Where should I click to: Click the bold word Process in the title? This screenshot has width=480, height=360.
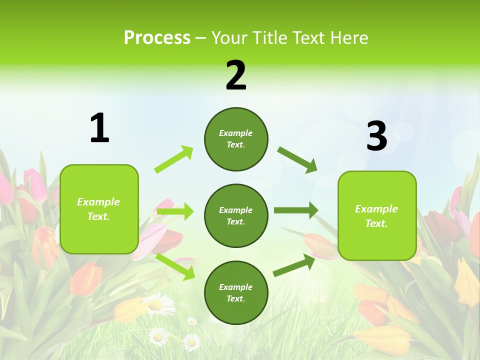157,38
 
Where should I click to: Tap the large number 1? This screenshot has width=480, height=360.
99,128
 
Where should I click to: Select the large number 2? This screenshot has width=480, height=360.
236,75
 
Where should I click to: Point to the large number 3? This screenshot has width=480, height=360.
377,136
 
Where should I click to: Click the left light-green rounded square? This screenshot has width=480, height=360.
99,209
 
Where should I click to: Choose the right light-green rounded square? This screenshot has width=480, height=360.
377,215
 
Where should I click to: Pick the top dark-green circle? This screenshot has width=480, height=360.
236,138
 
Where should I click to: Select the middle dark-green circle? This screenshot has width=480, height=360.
236,215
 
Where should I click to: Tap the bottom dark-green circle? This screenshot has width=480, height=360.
236,292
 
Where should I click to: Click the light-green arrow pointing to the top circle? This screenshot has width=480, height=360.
174,159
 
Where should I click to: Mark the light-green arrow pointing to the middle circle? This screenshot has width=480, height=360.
175,212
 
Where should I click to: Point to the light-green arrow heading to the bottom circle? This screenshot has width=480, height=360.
175,266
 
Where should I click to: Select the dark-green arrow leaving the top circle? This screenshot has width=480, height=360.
297,159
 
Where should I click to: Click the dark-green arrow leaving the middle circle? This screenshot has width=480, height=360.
296,210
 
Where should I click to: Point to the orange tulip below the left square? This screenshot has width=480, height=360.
85,279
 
